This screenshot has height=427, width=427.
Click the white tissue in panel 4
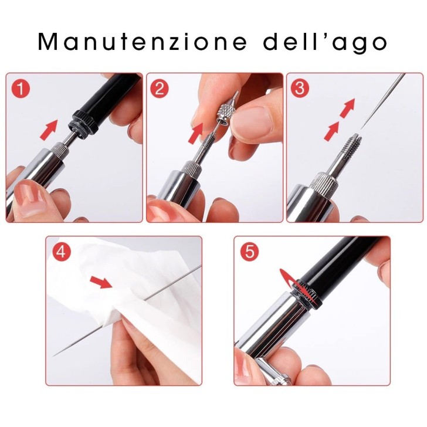tap(100, 311)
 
